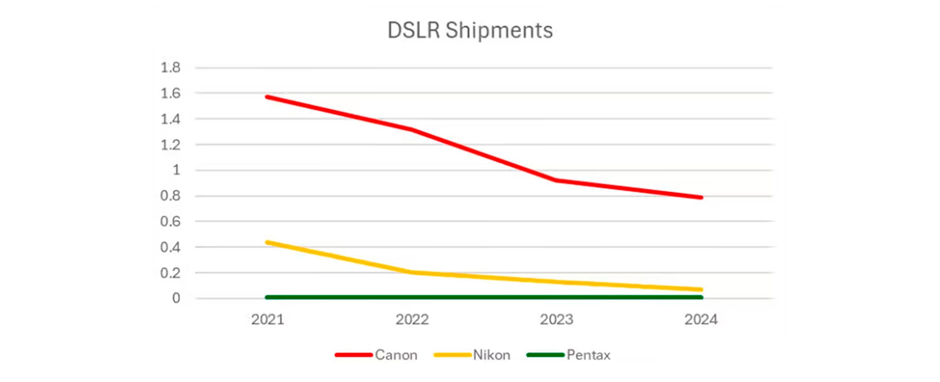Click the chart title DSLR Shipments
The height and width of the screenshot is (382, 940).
point(470,30)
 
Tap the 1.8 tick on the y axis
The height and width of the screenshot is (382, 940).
point(170,68)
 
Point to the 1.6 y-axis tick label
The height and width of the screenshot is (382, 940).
point(170,93)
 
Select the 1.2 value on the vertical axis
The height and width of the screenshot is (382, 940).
point(170,145)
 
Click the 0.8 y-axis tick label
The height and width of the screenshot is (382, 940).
point(170,196)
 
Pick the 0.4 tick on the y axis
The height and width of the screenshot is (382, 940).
point(170,247)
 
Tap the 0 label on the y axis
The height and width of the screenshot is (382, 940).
point(176,298)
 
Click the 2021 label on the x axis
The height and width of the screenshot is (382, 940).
point(267,320)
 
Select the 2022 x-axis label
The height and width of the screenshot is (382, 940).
point(412,320)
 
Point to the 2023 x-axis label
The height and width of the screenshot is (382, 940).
point(556,320)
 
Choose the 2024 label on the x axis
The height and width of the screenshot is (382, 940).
point(701,320)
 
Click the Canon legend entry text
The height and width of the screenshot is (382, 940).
point(396,355)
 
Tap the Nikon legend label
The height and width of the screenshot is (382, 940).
point(492,355)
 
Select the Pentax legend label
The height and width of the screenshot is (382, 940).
point(588,355)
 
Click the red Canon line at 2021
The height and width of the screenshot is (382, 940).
point(267,97)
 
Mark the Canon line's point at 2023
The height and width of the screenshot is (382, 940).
point(556,180)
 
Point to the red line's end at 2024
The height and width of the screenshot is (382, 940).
point(701,197)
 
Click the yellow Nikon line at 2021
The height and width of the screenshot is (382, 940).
point(267,242)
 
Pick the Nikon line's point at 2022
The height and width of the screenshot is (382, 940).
point(412,272)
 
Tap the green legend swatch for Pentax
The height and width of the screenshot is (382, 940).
point(545,355)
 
